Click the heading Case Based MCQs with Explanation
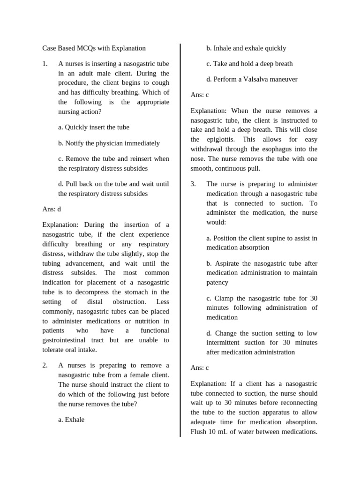94,48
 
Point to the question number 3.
193,184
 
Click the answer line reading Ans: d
52,209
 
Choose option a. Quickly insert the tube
94,127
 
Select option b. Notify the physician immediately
109,143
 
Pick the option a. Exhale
71,420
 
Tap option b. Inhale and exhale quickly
246,48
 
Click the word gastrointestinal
68,340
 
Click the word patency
217,283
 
